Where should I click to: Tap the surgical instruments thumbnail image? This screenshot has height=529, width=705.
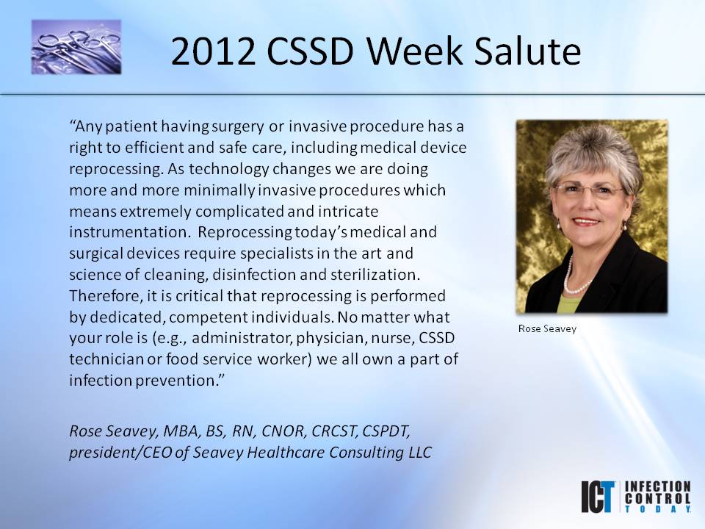click(76, 47)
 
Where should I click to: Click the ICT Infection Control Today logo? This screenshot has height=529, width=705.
click(635, 497)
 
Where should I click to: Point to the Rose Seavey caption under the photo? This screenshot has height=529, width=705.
click(547, 329)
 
